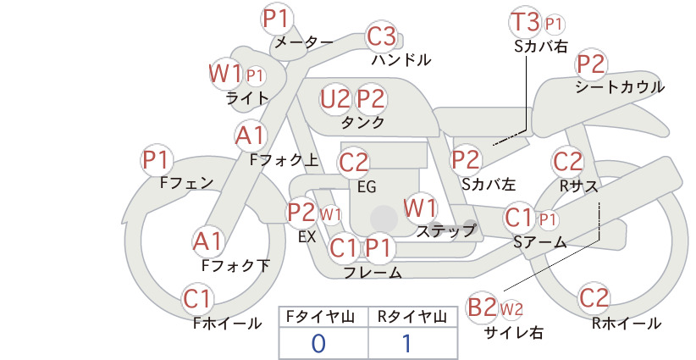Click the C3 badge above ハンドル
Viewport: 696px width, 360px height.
point(381,36)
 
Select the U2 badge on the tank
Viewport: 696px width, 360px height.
point(335,99)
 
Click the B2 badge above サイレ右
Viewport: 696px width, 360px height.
point(482,307)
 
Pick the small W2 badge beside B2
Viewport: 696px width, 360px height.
point(511,309)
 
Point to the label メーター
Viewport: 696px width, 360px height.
point(304,42)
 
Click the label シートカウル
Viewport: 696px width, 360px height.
point(620,87)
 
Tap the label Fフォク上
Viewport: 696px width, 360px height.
point(284,160)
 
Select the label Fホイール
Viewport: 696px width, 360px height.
point(227,324)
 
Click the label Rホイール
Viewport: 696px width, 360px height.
point(627,324)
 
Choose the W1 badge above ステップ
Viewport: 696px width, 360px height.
point(420,208)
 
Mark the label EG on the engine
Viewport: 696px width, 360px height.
point(367,187)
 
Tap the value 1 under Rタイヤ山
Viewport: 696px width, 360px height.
point(407,343)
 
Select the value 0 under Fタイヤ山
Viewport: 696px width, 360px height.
point(318,344)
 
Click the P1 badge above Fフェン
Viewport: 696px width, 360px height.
point(156,160)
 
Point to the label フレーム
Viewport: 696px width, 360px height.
point(373,273)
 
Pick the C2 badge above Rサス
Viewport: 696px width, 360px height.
point(566,162)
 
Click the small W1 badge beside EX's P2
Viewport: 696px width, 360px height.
point(331,215)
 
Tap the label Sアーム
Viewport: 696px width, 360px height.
point(540,242)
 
